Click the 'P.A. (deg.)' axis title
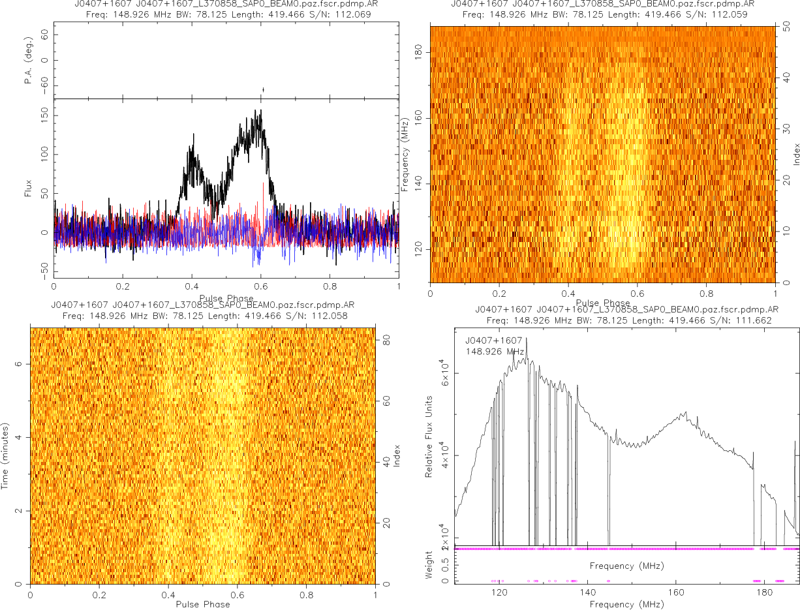click(x=28, y=61)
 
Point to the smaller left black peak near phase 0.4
click(x=193, y=135)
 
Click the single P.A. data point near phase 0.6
click(x=263, y=90)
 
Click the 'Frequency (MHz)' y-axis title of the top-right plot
click(x=405, y=154)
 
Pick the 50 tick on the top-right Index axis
click(x=788, y=27)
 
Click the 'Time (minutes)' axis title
click(x=5, y=455)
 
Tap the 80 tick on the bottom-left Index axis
click(x=386, y=340)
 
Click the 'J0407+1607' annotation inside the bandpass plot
click(x=493, y=340)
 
